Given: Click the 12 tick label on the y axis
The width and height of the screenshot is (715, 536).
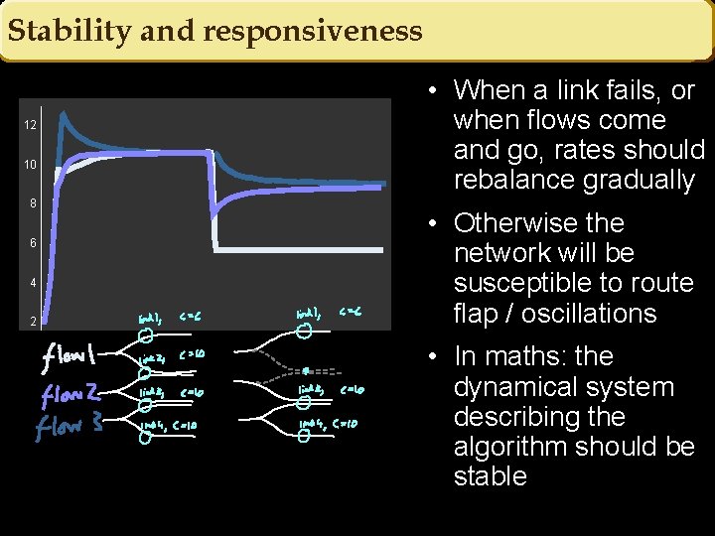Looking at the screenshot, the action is pyautogui.click(x=31, y=125).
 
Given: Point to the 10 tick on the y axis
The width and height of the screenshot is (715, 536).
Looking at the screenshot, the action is pyautogui.click(x=31, y=164).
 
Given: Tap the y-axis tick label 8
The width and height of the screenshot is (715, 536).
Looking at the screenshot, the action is pyautogui.click(x=33, y=203).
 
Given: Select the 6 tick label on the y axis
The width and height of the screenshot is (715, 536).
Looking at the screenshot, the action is pyautogui.click(x=33, y=243).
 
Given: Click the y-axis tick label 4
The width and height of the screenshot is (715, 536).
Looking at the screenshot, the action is pyautogui.click(x=33, y=283).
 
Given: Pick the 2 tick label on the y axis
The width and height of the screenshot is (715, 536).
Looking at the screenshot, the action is pyautogui.click(x=33, y=322).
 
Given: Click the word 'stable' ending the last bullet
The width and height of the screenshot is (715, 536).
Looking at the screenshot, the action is pyautogui.click(x=490, y=476).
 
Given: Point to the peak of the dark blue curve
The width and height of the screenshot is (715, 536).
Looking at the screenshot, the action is pyautogui.click(x=63, y=116).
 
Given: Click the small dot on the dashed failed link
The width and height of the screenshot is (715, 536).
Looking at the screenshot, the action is pyautogui.click(x=306, y=370).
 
